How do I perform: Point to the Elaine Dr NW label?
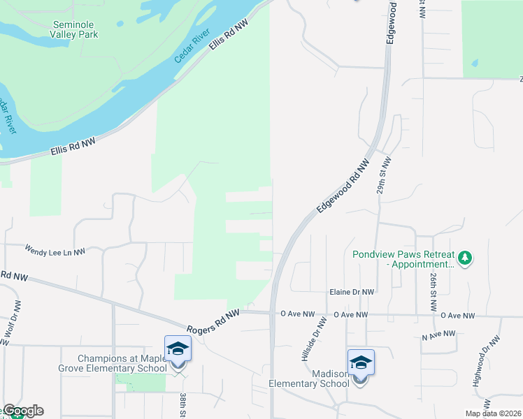(x=352, y=293)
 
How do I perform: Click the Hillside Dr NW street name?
(x=314, y=340)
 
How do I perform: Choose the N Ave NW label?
(x=438, y=337)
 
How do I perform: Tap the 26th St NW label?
(x=434, y=288)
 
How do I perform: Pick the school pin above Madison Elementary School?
(x=361, y=363)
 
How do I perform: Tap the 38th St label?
(x=182, y=406)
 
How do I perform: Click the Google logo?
(x=23, y=411)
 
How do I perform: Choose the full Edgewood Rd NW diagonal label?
(x=342, y=186)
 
